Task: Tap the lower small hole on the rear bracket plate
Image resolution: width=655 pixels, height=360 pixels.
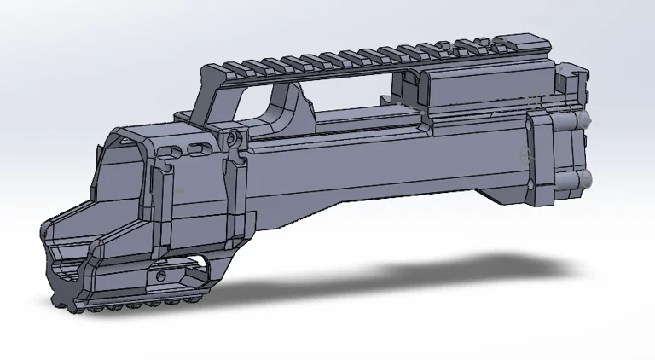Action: (x=525, y=156)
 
